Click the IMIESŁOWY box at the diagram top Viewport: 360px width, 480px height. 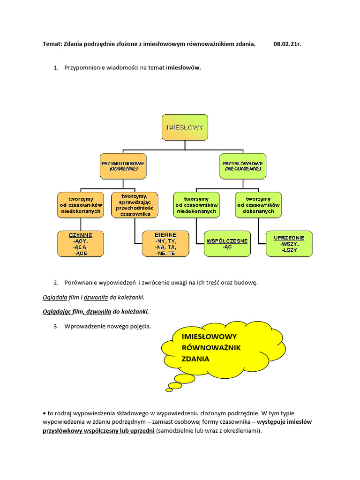[185, 127]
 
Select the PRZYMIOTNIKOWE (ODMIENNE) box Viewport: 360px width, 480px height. [123, 166]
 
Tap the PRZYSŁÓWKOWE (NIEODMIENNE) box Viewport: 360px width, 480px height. [242, 166]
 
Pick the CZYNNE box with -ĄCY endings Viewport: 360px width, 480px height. [81, 244]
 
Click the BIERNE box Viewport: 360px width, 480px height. [165, 244]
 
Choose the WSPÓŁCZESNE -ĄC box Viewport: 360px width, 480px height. [227, 244]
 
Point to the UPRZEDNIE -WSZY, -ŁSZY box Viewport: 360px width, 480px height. [289, 244]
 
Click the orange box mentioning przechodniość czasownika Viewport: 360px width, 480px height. [135, 205]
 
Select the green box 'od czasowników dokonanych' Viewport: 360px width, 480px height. [258, 205]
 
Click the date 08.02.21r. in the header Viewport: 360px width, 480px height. [287, 44]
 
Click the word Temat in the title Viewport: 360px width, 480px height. [53, 44]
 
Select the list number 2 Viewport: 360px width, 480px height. [55, 283]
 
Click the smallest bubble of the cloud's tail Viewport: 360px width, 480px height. [169, 390]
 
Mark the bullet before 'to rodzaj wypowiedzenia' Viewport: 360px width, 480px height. [44, 413]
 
